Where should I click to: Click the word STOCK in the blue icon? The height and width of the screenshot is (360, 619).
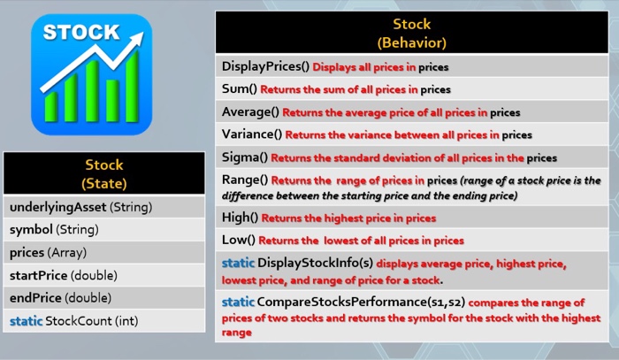pyautogui.click(x=81, y=32)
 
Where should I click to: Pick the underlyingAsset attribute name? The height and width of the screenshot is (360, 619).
pyautogui.click(x=57, y=207)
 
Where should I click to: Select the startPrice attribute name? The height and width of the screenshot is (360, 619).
pyautogui.click(x=38, y=275)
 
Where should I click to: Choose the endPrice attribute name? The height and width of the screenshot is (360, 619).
pyautogui.click(x=36, y=298)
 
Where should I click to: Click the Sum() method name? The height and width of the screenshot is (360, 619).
pyautogui.click(x=239, y=89)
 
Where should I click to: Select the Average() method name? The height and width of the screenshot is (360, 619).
pyautogui.click(x=250, y=112)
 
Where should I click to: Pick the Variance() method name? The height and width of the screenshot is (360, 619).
pyautogui.click(x=252, y=134)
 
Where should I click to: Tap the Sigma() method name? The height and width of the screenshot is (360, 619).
pyautogui.click(x=244, y=157)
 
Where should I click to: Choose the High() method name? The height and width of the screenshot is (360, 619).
pyautogui.click(x=240, y=218)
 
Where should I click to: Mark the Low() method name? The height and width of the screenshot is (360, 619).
pyautogui.click(x=239, y=240)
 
